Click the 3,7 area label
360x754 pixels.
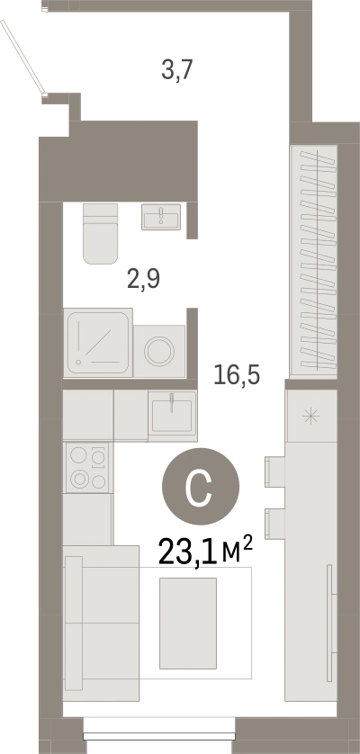(x=177, y=71)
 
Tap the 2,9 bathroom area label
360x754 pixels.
(x=143, y=279)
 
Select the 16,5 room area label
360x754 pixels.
(x=237, y=374)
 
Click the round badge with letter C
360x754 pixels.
(x=201, y=487)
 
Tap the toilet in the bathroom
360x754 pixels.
(x=100, y=233)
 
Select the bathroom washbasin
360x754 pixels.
(x=161, y=216)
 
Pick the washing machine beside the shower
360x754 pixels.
(x=159, y=351)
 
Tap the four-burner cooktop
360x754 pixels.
(x=88, y=467)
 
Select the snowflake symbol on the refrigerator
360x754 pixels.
(x=310, y=416)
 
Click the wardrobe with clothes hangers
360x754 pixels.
(x=314, y=261)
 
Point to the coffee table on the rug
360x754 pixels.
(x=188, y=623)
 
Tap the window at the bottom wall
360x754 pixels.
(x=159, y=736)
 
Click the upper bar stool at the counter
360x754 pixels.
(x=274, y=472)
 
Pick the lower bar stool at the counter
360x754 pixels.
(x=274, y=525)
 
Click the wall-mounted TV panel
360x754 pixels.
(x=329, y=623)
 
